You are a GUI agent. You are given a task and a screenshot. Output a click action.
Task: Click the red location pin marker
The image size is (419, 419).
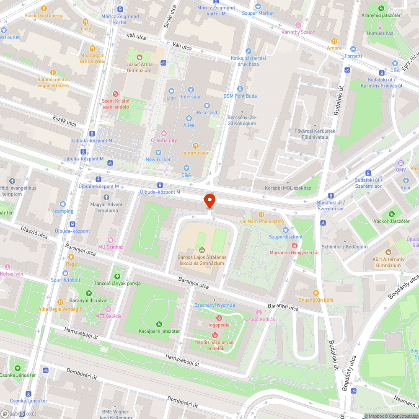coord(209,201)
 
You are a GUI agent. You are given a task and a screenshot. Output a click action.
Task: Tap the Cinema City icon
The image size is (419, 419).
coord(164,133)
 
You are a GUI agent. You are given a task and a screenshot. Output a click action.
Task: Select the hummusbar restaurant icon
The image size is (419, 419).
coord(195,146)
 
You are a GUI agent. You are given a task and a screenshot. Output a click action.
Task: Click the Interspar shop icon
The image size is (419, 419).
coord(191,90)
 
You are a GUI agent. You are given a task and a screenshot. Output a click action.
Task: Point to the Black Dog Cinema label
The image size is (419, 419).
coord(44,16)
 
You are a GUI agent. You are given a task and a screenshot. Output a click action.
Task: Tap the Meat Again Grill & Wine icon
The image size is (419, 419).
coord(93,48)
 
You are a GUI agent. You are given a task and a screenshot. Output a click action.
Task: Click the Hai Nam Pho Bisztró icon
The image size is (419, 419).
coord(261,214)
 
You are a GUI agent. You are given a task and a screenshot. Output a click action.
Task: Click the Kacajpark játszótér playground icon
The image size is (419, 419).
coord(159,324)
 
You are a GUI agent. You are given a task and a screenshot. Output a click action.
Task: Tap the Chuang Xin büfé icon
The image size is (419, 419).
coord(316,293)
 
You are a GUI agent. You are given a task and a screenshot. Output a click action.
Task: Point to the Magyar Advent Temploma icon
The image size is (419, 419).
coord(106,197)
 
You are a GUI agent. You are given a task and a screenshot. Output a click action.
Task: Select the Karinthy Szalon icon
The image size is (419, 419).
coord(298,25)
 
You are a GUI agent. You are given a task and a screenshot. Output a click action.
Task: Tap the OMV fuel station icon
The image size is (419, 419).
coord(401,163)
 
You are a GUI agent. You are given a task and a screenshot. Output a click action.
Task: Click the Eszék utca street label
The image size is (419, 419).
coord(65,121)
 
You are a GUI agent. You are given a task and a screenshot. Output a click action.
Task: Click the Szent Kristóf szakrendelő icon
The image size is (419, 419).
coord(116,94)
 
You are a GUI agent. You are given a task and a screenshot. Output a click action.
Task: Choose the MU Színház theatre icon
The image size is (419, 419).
coord(111,240)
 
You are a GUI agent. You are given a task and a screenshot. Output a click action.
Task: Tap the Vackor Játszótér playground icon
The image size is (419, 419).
coord(391,214)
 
